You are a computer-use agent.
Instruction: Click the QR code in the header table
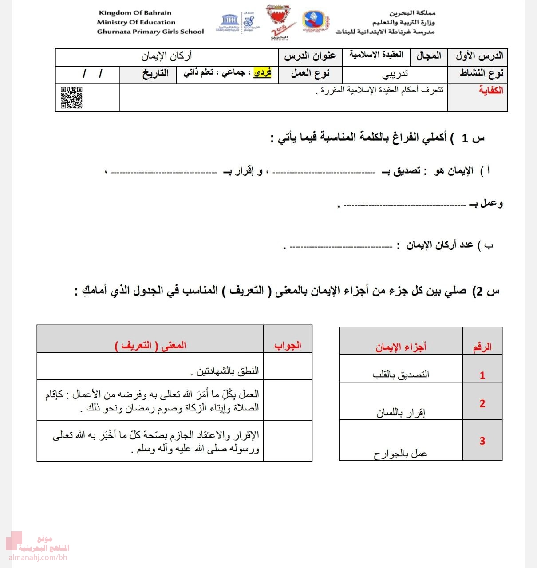click(71, 98)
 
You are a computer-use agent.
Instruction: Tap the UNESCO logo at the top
click(230, 22)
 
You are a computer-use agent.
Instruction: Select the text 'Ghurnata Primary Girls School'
click(150, 32)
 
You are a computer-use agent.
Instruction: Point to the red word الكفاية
click(490, 90)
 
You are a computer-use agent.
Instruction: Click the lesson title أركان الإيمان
click(167, 56)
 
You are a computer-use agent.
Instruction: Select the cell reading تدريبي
click(395, 74)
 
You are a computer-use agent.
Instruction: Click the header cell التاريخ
click(155, 74)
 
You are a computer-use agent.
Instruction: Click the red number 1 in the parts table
click(482, 375)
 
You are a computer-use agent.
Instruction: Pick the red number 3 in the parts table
click(482, 441)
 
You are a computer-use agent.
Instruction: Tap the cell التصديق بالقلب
click(401, 375)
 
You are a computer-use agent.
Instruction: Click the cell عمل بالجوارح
click(400, 454)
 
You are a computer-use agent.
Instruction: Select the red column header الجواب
click(288, 345)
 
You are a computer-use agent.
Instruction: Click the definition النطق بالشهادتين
click(228, 371)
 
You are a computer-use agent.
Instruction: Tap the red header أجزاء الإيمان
click(401, 347)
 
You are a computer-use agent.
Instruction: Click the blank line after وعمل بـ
click(404, 205)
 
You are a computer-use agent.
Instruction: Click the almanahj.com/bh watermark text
click(38, 557)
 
